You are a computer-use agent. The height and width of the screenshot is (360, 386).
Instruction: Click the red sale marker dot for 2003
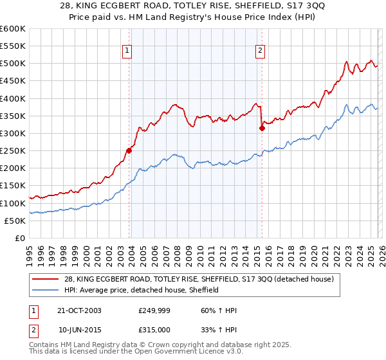[129, 150]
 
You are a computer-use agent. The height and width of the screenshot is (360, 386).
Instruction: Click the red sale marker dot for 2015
[262, 128]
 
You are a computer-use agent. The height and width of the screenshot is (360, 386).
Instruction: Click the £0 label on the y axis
[19, 238]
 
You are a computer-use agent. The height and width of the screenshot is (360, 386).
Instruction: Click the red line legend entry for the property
[198, 280]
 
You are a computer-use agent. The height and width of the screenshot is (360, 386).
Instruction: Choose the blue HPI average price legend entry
[141, 291]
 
